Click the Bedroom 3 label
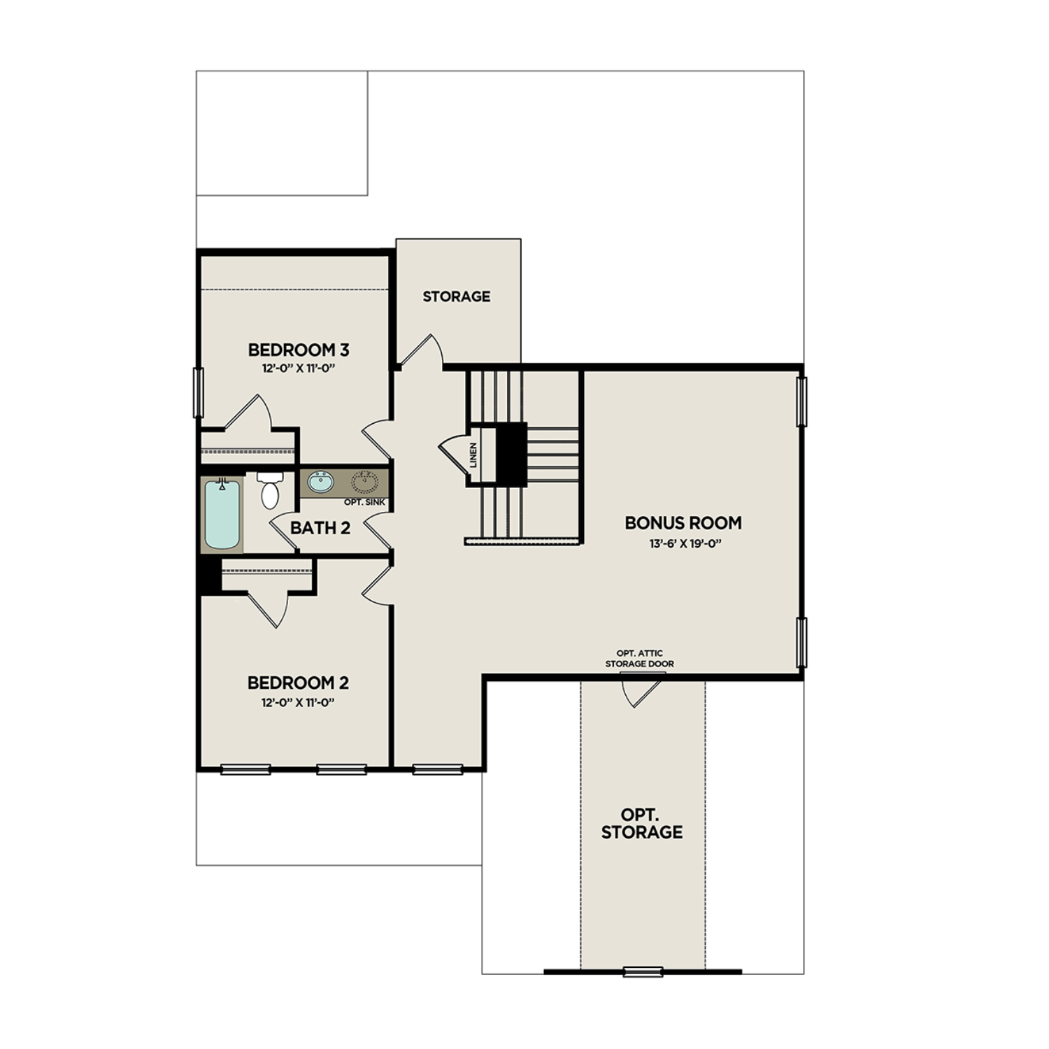click(x=299, y=350)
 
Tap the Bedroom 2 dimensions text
click(x=299, y=702)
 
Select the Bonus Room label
click(x=683, y=523)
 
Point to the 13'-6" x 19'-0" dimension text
click(x=684, y=543)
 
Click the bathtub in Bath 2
click(x=222, y=514)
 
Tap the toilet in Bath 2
click(x=270, y=491)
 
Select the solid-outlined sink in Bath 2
click(x=321, y=482)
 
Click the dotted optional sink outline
click(x=364, y=481)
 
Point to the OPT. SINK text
click(x=364, y=502)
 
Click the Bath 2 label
click(x=320, y=528)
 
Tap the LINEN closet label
click(x=473, y=455)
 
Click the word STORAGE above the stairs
click(x=456, y=297)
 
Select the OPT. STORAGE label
click(x=641, y=824)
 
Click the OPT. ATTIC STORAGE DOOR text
click(x=639, y=658)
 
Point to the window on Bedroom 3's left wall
click(x=198, y=393)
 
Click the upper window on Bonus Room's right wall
click(x=801, y=401)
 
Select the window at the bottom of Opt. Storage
click(x=643, y=971)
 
